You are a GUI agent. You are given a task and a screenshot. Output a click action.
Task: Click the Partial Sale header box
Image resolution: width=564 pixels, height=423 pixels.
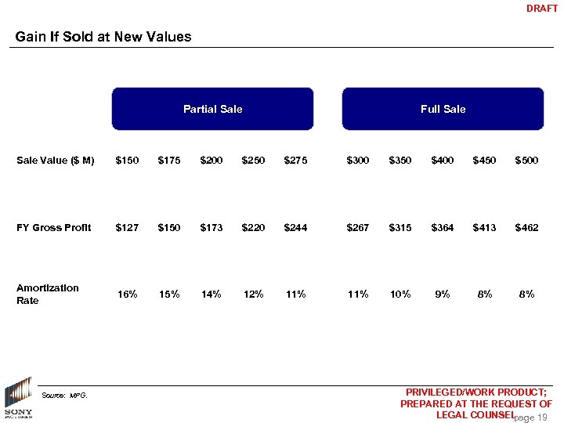pos(212,109)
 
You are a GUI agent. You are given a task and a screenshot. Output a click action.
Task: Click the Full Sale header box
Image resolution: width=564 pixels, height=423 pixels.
pos(443,109)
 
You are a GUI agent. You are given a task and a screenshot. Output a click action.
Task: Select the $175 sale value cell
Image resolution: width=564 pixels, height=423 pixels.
pos(169,161)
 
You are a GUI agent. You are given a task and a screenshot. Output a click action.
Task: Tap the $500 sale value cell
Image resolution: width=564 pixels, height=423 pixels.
pos(526,161)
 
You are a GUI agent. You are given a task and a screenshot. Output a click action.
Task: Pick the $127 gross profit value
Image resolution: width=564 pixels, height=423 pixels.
pos(127,228)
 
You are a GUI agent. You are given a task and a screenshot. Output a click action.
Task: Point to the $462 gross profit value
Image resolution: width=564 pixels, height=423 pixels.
pos(526,228)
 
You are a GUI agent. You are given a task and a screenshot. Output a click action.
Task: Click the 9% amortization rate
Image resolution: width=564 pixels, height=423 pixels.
pos(443,295)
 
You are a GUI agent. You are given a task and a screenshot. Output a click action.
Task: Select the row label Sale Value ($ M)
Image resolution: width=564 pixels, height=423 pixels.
pos(56,161)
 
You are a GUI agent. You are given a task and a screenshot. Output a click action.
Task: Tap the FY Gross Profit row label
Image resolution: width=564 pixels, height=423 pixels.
pos(54,228)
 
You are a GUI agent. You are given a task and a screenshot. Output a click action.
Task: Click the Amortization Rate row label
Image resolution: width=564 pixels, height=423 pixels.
pos(48,294)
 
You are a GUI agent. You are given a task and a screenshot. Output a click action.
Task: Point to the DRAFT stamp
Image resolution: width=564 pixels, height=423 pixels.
pos(542,9)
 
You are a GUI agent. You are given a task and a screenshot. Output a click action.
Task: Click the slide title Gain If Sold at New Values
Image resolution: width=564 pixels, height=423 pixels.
pos(103,37)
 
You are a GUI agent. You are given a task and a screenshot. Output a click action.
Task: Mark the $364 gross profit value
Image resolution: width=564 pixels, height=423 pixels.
pos(443,228)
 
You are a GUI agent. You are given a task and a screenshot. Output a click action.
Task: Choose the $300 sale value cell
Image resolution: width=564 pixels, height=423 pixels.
pos(358,161)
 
